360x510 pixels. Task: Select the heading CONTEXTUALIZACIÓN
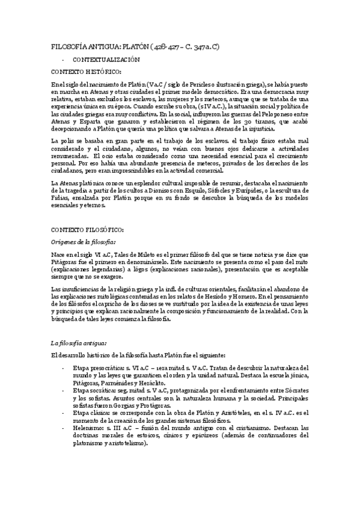click(x=106, y=60)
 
